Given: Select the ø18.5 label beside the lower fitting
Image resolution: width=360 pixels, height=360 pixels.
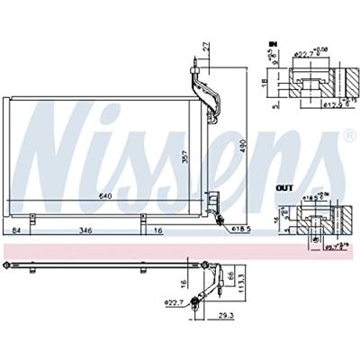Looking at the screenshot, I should [239, 231].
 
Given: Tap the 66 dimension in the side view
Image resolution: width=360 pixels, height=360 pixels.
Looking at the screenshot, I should [230, 275].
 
